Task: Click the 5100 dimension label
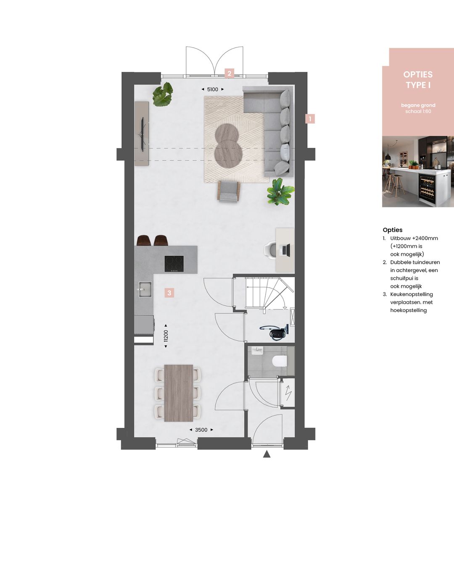(x=213, y=89)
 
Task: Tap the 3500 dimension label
(x=201, y=430)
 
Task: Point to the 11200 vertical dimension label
(x=166, y=336)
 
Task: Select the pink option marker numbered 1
(x=310, y=119)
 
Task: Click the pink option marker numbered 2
(x=229, y=73)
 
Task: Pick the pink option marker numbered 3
(x=169, y=293)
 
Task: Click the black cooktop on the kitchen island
(x=174, y=264)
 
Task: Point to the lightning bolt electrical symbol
(x=288, y=392)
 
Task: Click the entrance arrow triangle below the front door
(x=267, y=454)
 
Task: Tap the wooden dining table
(x=178, y=393)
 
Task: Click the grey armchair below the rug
(x=228, y=191)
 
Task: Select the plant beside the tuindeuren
(x=163, y=94)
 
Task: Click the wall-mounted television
(x=143, y=134)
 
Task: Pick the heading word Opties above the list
(x=393, y=230)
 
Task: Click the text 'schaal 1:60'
(x=418, y=111)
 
